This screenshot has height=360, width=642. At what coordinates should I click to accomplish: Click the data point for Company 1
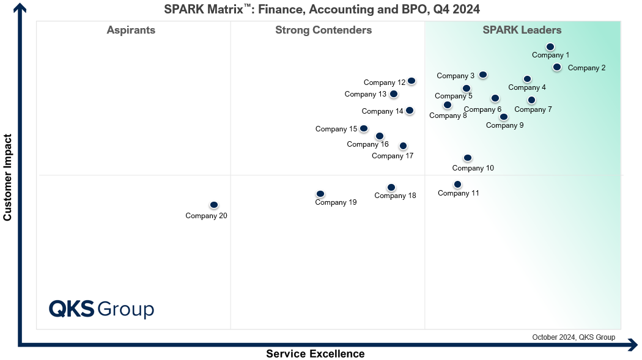(x=550, y=47)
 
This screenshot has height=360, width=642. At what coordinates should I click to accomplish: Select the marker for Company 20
(x=214, y=205)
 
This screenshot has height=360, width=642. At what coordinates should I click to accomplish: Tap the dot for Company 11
(x=458, y=185)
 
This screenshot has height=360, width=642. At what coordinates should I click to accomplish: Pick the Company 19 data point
(x=320, y=194)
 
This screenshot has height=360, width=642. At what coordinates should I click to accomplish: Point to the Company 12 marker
(x=411, y=81)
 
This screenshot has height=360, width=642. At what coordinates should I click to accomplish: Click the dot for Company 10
(x=468, y=158)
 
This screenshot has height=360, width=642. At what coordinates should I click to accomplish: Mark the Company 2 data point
(x=557, y=67)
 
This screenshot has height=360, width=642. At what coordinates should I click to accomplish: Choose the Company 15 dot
(x=364, y=128)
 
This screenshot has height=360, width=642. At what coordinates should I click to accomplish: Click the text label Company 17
(x=393, y=156)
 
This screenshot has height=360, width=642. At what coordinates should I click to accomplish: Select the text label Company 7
(x=533, y=109)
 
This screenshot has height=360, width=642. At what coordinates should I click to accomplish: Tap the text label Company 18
(x=395, y=196)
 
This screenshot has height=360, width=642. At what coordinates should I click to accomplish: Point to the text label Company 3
(x=456, y=76)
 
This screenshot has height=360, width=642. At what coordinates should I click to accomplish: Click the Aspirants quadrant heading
(x=131, y=30)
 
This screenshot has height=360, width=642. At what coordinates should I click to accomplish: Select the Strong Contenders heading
(x=323, y=30)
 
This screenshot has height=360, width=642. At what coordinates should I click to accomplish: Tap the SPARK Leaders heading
(x=522, y=30)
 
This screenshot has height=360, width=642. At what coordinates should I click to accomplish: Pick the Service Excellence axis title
(x=315, y=354)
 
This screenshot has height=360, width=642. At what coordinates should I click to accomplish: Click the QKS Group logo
(x=101, y=309)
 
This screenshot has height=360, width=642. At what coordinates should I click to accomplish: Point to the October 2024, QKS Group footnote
(x=574, y=337)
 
